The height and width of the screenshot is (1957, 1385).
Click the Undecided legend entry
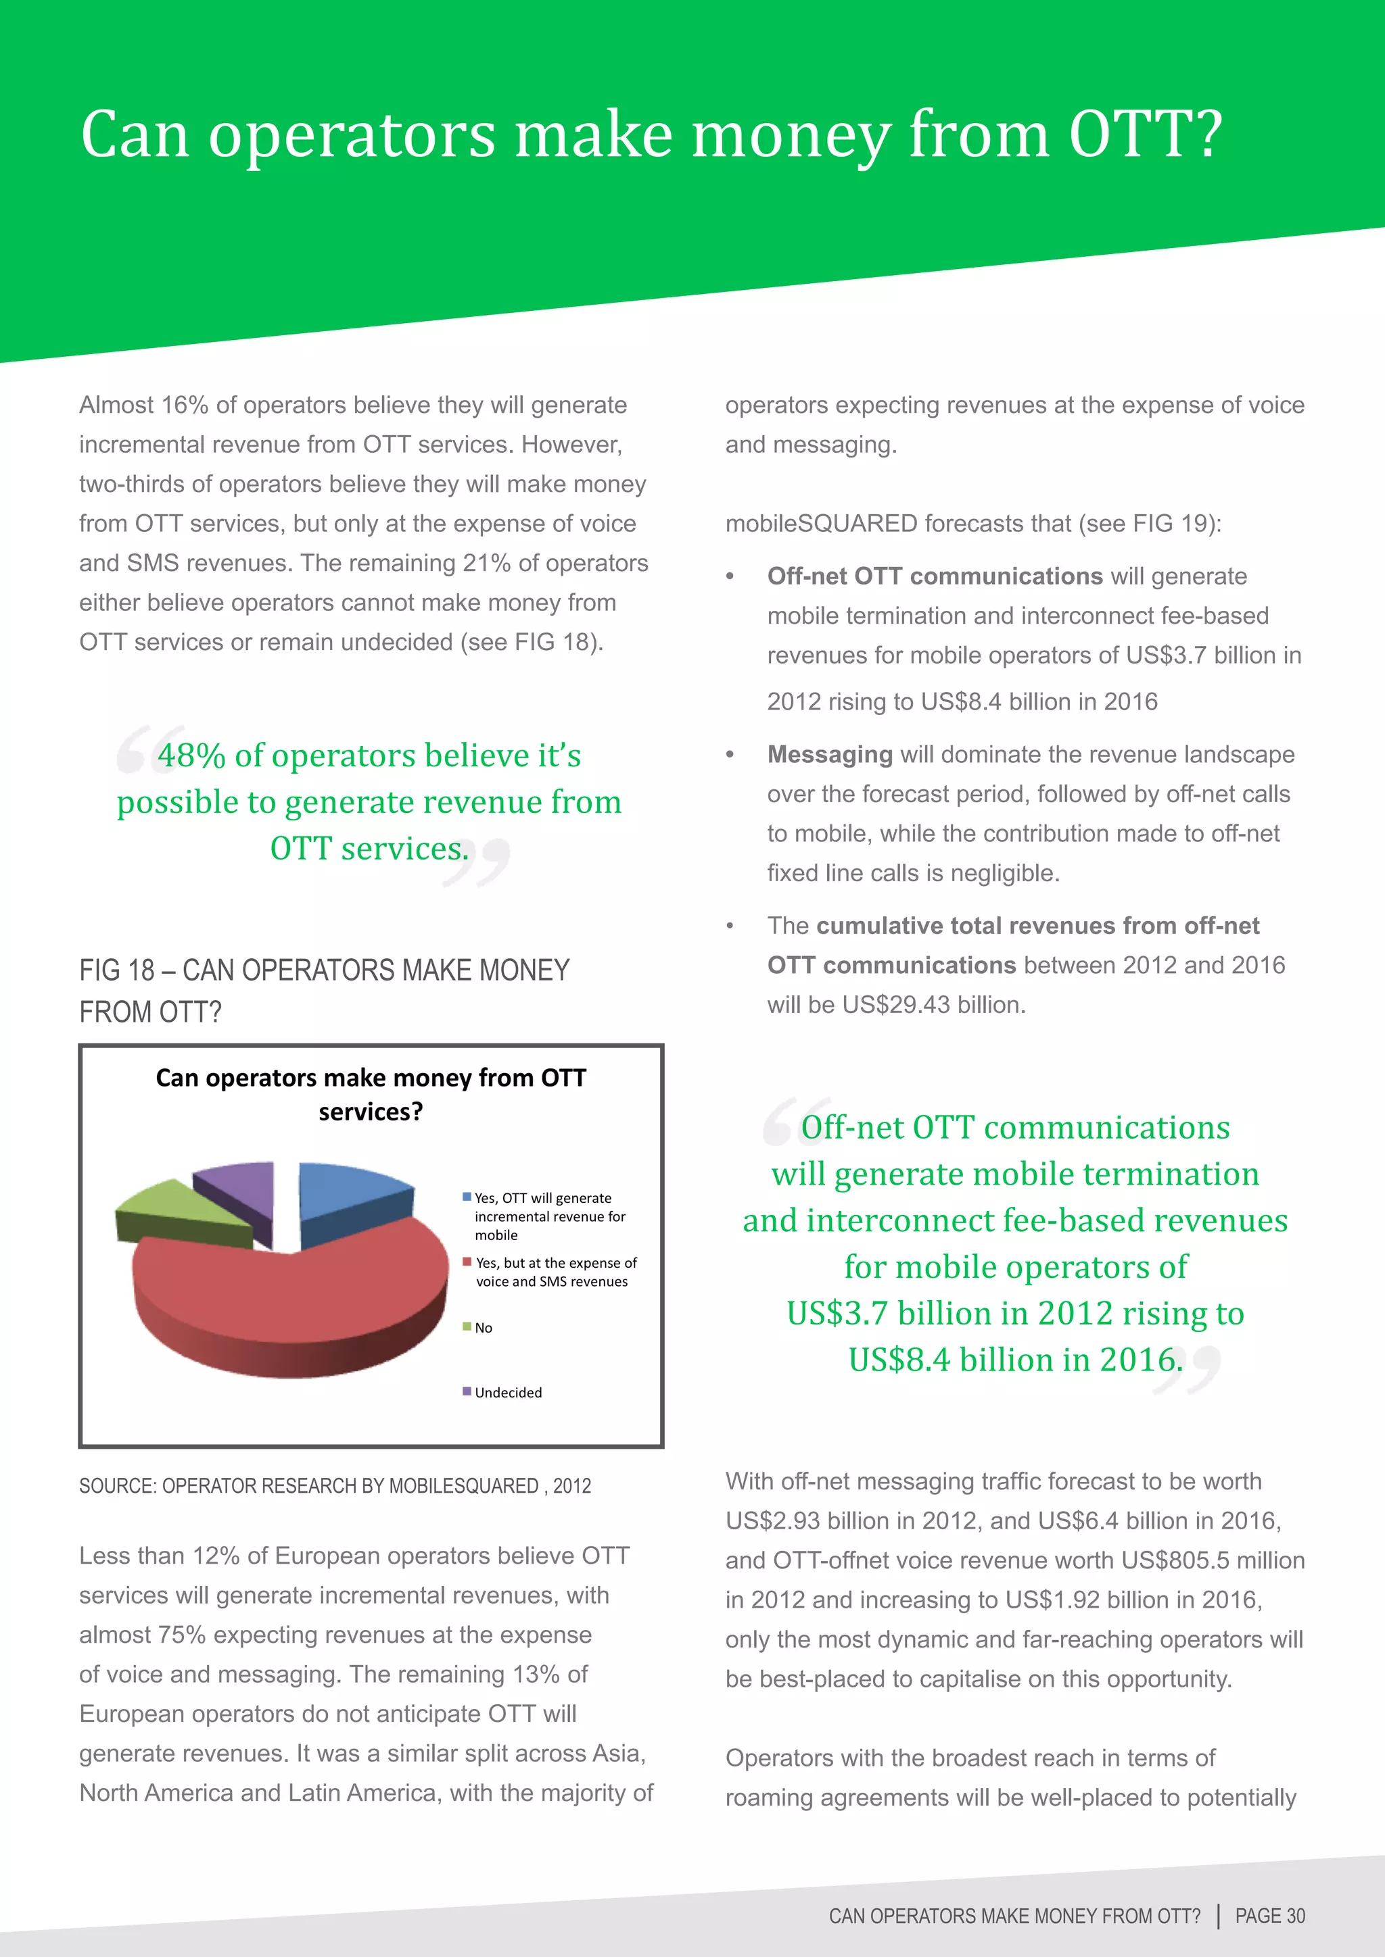pyautogui.click(x=507, y=1393)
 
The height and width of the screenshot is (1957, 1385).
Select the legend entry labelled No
pyautogui.click(x=483, y=1328)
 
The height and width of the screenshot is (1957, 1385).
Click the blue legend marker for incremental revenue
pyautogui.click(x=467, y=1197)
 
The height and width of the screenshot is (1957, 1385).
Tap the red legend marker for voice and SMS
pyautogui.click(x=467, y=1262)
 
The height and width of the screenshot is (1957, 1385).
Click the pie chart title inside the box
pyautogui.click(x=371, y=1095)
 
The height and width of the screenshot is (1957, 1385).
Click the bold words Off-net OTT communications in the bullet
pyautogui.click(x=935, y=576)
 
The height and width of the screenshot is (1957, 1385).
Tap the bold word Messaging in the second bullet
pyautogui.click(x=830, y=754)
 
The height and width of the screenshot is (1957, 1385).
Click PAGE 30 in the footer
pyautogui.click(x=1270, y=1916)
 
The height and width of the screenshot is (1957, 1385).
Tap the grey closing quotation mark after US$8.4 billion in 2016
pyautogui.click(x=1188, y=1368)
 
